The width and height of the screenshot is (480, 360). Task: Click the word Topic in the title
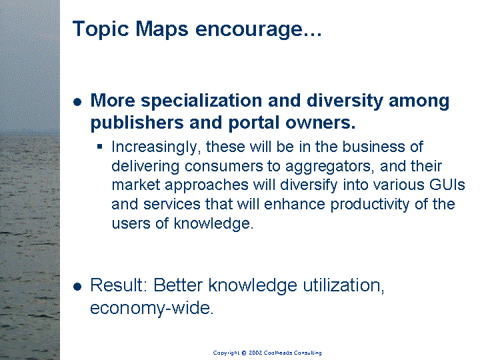coord(101,30)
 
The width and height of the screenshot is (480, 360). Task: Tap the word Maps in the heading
coord(161,30)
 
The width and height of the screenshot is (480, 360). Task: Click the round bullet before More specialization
coord(77,102)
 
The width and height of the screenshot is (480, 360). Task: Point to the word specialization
coord(201,101)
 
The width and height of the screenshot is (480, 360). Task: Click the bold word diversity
coord(345,101)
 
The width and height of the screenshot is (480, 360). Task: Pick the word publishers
coord(137,123)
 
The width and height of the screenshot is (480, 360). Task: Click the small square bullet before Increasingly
coord(99,147)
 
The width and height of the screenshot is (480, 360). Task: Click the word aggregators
coord(330,167)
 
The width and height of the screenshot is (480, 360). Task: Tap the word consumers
coord(224,167)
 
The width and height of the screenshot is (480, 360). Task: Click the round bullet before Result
coord(77,287)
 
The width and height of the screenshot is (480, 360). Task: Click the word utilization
coord(343,285)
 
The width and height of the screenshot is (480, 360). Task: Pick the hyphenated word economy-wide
coord(151,308)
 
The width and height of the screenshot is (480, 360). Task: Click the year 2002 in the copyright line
coord(255,353)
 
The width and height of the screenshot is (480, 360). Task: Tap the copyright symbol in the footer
coord(244,353)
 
